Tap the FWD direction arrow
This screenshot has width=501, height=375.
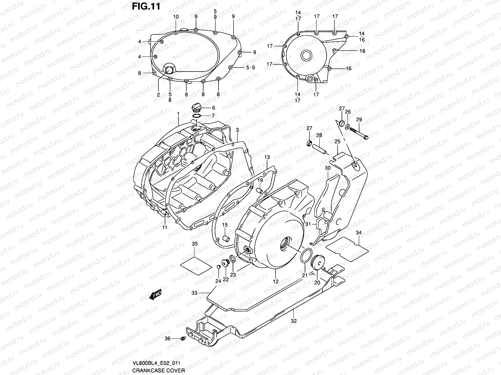point(155,294)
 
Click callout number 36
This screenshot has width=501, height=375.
point(168,338)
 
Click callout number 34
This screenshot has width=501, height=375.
point(359,232)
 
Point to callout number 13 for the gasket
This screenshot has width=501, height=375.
point(267,158)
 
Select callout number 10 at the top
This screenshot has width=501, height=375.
point(176,17)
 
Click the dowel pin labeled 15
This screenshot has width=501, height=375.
point(225,240)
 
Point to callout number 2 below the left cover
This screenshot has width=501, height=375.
point(158,94)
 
